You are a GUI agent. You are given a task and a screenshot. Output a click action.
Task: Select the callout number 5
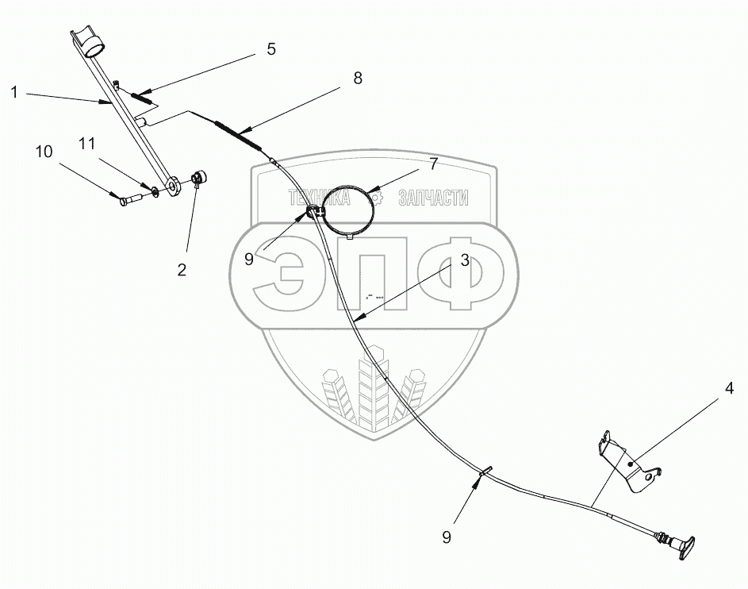point(271,49)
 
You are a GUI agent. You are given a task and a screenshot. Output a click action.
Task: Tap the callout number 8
point(358,77)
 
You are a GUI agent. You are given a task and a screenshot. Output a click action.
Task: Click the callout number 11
point(88,144)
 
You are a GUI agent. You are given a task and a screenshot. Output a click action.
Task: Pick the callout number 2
point(182,270)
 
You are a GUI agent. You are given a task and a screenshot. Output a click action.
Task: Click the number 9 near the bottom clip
point(447,537)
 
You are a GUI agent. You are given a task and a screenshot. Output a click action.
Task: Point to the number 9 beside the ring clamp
point(249,259)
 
